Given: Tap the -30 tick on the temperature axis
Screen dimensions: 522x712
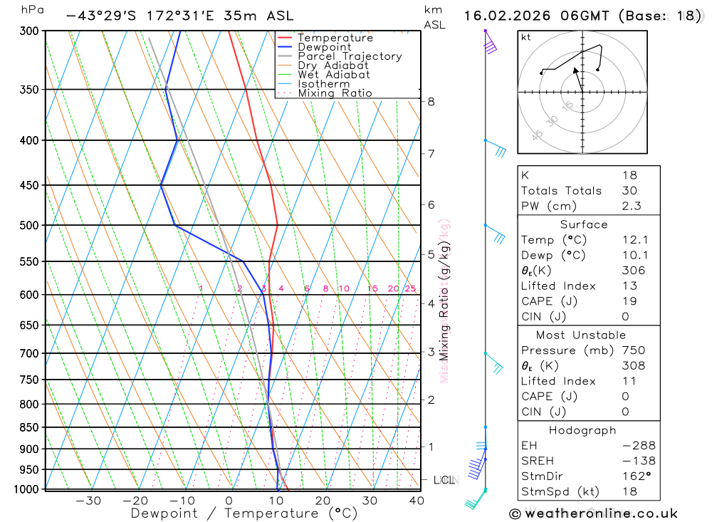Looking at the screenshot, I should pos(88,501).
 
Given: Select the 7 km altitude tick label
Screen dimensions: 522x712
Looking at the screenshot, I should pos(431,153).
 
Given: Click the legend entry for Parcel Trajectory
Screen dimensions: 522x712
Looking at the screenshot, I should pos(350,56).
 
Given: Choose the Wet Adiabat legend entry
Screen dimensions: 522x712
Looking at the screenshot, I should pos(334,75).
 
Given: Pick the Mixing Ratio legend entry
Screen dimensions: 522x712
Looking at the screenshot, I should pos(335,93).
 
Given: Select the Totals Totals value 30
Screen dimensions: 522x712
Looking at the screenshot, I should pos(629,191).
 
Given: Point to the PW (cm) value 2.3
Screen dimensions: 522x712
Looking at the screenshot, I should pos(631,207).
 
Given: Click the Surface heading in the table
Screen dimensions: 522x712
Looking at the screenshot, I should pos(584,224).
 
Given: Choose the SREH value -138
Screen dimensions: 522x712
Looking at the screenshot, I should pos(638,461).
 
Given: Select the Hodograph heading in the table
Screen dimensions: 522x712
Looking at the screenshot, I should pos(582,430).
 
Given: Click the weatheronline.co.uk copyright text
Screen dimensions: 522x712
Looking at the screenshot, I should pos(593,513).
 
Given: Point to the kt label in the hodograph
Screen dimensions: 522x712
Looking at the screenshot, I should pos(526,37).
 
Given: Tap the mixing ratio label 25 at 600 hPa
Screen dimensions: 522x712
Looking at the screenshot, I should pos(410,288).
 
